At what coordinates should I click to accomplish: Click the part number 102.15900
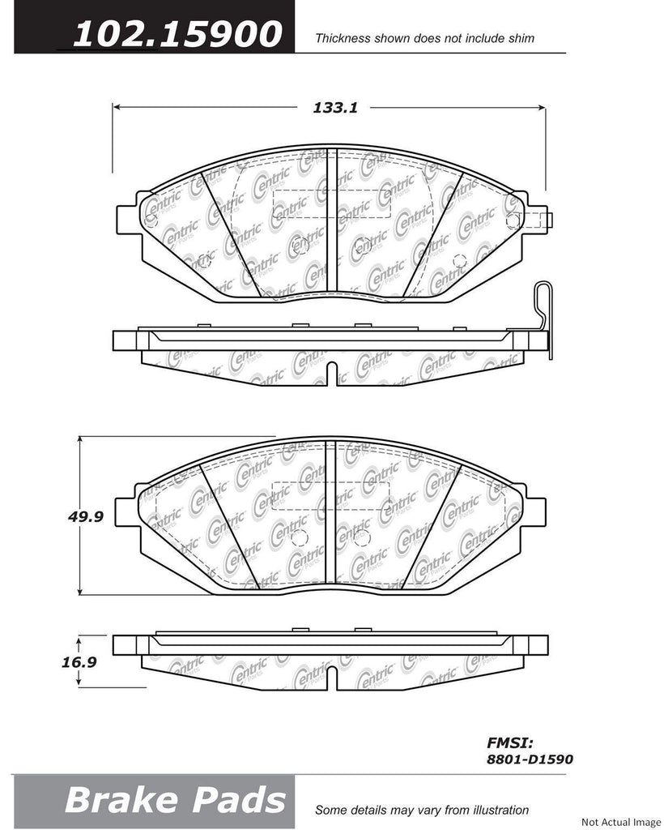[177, 34]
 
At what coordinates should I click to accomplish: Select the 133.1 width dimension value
[330, 106]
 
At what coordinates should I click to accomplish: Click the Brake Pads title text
[175, 800]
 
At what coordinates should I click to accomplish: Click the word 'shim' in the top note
[521, 38]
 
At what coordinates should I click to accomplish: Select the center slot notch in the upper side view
[330, 373]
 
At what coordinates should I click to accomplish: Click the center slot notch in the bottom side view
[330, 678]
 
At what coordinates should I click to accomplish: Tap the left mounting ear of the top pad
[130, 217]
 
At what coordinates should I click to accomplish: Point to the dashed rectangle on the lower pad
[330, 496]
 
